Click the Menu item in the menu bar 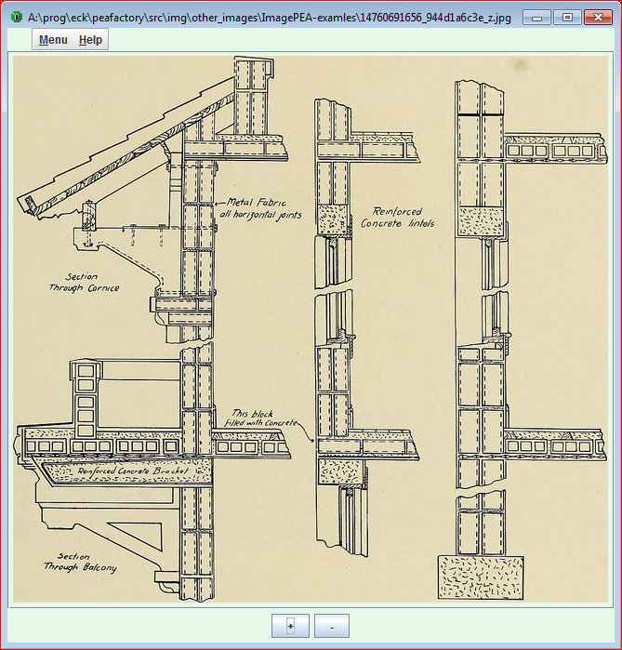click(x=53, y=40)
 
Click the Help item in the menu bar click(x=90, y=40)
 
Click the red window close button click(x=598, y=18)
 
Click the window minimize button click(x=536, y=18)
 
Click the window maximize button click(x=567, y=18)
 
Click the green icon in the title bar click(x=17, y=17)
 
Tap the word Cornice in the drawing click(x=103, y=288)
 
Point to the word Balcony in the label click(x=99, y=567)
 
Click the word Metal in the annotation click(x=240, y=202)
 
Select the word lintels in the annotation click(x=421, y=223)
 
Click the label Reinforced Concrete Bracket click(x=133, y=471)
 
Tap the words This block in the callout click(x=252, y=413)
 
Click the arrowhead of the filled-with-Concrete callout click(x=313, y=441)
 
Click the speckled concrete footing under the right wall click(x=481, y=577)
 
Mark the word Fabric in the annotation click(x=271, y=203)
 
